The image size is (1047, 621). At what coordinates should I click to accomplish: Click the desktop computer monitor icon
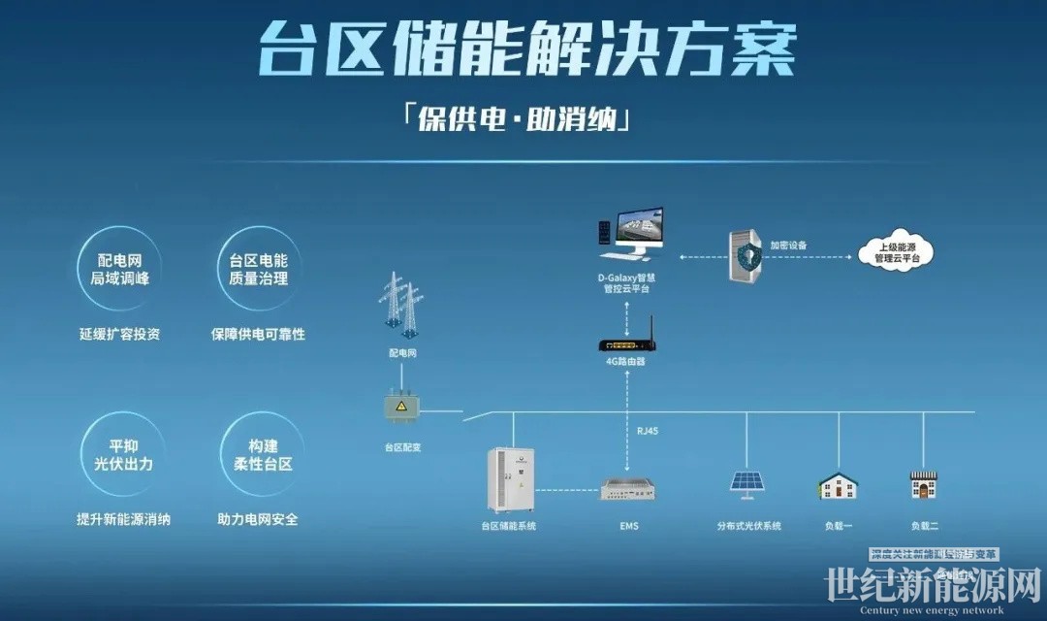point(631,234)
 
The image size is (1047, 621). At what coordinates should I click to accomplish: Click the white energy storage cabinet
point(511,478)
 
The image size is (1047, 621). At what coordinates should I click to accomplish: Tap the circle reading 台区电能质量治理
point(258,269)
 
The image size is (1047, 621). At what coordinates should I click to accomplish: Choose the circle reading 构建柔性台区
point(256,454)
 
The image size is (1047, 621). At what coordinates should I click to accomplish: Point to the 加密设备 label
point(787,245)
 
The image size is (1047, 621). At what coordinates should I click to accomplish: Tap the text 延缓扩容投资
point(119,334)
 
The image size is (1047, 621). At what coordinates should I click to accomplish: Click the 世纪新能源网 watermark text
point(932,586)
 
